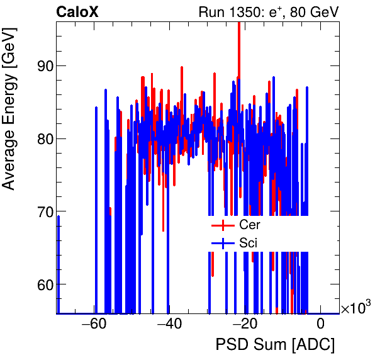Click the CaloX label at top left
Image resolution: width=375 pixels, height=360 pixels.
click(77, 11)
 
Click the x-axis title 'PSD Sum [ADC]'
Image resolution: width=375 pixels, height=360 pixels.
click(275, 346)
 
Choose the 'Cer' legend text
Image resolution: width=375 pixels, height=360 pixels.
click(249, 224)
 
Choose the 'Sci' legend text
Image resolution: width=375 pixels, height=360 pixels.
click(248, 242)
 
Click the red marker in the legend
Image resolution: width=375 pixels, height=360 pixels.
click(222, 225)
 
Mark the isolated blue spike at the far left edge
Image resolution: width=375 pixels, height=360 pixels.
click(59, 264)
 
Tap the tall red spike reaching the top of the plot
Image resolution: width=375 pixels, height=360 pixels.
click(239, 38)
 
